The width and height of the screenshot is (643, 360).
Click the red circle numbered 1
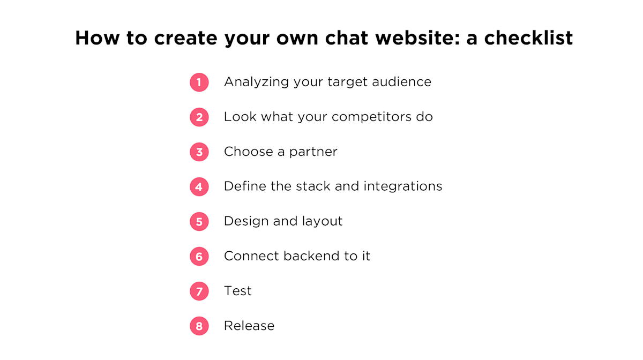[x=199, y=82]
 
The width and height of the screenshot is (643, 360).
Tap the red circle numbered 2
[x=199, y=117]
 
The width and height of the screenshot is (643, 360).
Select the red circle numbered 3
[x=199, y=152]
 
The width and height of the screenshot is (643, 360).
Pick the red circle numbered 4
[x=199, y=187]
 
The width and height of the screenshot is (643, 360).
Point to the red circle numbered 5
[x=199, y=222]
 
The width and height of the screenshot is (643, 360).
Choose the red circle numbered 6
[x=199, y=257]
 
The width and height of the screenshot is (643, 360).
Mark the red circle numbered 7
[x=199, y=291]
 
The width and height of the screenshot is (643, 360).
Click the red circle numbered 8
[x=199, y=326]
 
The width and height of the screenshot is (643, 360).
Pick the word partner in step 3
[x=313, y=152]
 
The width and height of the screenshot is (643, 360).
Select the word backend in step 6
[x=311, y=256]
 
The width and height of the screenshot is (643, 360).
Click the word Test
[x=238, y=291]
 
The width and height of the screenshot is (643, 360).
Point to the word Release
[x=249, y=326]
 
